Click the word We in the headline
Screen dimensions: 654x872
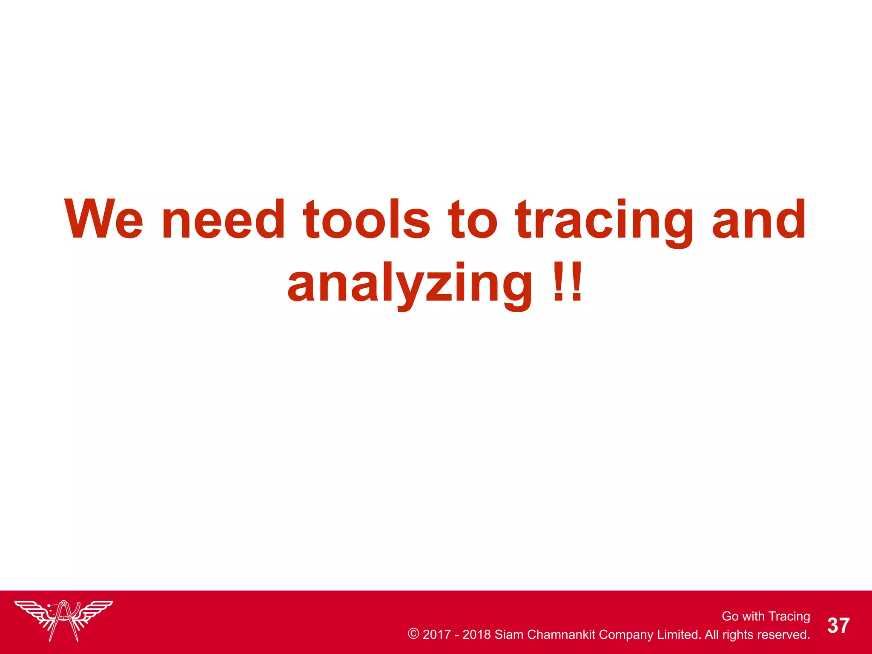pyautogui.click(x=103, y=219)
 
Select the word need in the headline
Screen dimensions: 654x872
pyautogui.click(x=223, y=219)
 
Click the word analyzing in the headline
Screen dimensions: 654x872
pyautogui.click(x=410, y=284)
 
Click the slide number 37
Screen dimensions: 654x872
pyautogui.click(x=838, y=625)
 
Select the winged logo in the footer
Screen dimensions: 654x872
pyautogui.click(x=63, y=620)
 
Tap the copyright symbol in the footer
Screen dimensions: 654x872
pyautogui.click(x=413, y=634)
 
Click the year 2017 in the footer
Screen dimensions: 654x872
pyautogui.click(x=436, y=634)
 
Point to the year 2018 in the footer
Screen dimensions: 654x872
pyautogui.click(x=476, y=634)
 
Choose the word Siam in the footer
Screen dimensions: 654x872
pyautogui.click(x=509, y=634)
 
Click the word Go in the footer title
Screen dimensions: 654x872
pyautogui.click(x=730, y=616)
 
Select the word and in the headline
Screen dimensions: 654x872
pyautogui.click(x=759, y=219)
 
